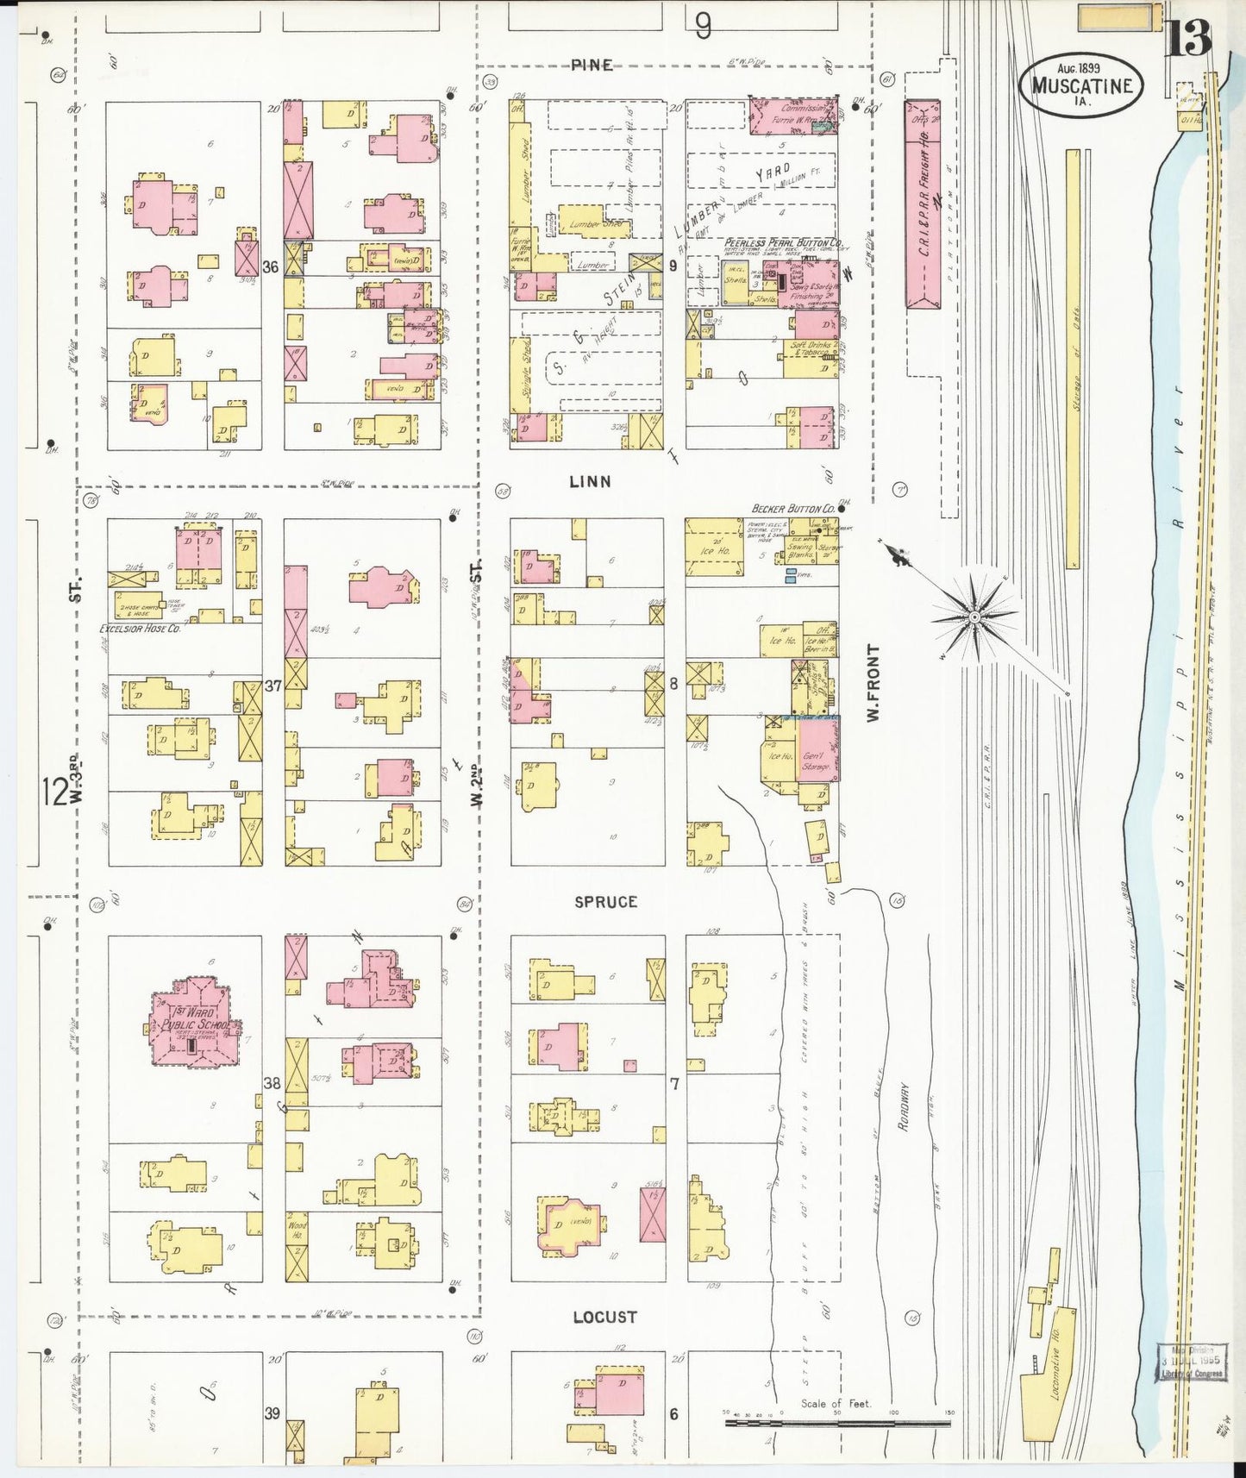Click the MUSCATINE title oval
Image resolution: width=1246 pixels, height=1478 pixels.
[x=1080, y=85]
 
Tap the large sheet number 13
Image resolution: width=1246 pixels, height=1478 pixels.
[x=1189, y=37]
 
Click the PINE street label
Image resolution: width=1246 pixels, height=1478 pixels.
[x=592, y=66]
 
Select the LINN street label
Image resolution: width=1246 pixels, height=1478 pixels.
[x=590, y=482]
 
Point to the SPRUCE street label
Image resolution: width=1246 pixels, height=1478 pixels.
[x=605, y=902]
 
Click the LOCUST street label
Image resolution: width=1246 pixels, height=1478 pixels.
[x=604, y=1317]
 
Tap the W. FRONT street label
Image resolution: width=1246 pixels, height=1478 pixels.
[x=873, y=682]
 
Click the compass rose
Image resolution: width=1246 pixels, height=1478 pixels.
[x=974, y=617]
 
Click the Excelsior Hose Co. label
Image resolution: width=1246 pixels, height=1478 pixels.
[x=139, y=629]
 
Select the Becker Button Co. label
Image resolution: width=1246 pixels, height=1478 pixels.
[x=792, y=509]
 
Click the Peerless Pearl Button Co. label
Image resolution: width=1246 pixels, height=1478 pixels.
[x=781, y=244]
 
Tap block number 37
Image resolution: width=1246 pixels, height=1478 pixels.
[x=272, y=686]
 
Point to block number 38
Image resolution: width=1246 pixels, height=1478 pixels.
[x=272, y=1083]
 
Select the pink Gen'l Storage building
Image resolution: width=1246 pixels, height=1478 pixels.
[x=817, y=750]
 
